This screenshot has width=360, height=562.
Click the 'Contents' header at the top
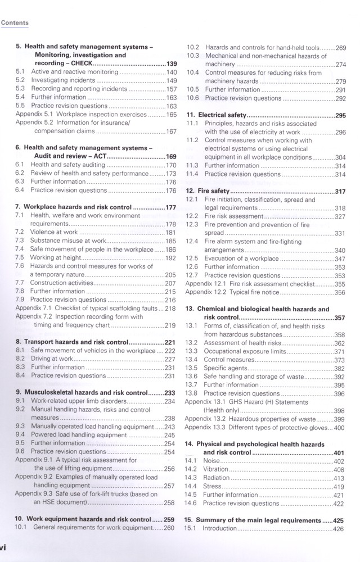pyautogui.click(x=15, y=23)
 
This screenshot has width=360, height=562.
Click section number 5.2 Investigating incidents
pyautogui.click(x=20, y=80)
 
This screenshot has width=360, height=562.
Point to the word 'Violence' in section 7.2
pyautogui.click(x=42, y=232)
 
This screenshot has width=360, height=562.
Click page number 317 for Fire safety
pyautogui.click(x=339, y=191)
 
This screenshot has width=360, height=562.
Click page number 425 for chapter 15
pyautogui.click(x=339, y=520)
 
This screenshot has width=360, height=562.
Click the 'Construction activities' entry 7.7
pyautogui.click(x=63, y=283)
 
